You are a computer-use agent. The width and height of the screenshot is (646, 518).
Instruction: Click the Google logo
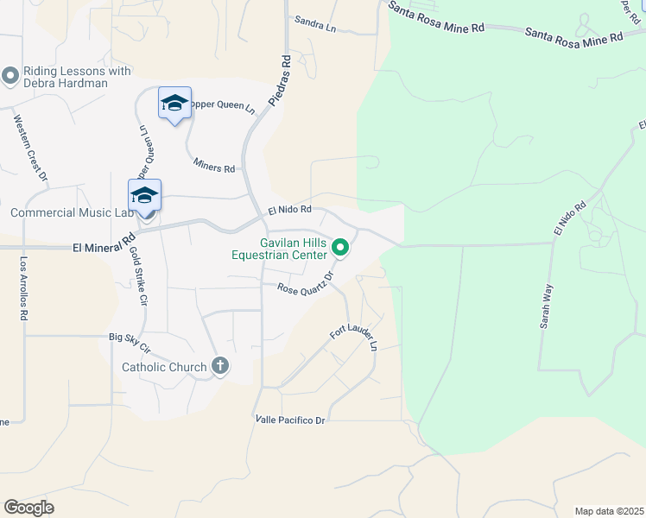[x=28, y=508]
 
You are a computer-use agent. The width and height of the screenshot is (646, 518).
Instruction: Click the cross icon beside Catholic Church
[x=220, y=366]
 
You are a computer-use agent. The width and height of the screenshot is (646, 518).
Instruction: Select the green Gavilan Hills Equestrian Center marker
[x=341, y=249]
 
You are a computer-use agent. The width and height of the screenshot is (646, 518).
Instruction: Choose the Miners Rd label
[x=214, y=164]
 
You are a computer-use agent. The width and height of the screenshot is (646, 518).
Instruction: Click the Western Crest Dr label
[x=30, y=147]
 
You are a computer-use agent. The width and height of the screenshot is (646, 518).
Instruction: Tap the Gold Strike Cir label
[x=139, y=277]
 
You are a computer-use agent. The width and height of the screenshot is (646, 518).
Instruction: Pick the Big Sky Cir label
[x=130, y=343]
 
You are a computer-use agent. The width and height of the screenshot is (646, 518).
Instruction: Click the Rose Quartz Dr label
[x=305, y=286]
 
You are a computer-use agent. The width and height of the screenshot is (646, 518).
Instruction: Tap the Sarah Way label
[x=547, y=306]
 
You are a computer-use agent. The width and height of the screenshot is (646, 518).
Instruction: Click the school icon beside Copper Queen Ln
[x=174, y=103]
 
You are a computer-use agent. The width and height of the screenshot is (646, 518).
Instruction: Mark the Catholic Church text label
[x=164, y=367]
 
